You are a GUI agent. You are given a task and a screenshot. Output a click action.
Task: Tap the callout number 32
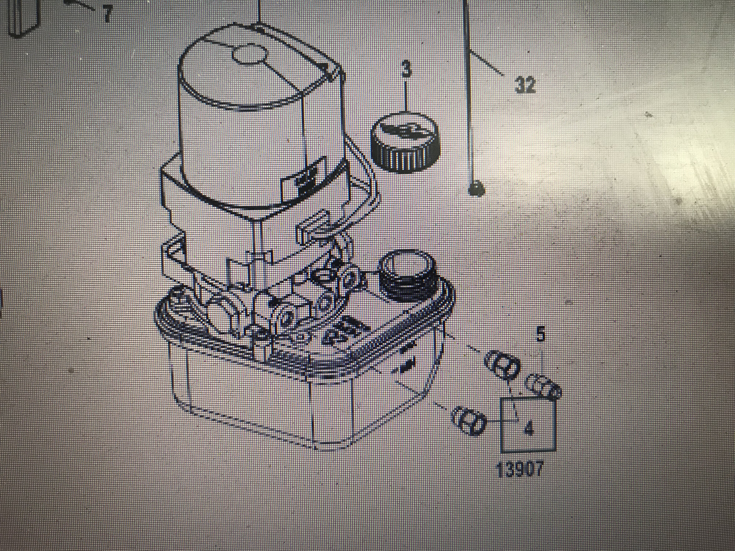[x=525, y=85]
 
